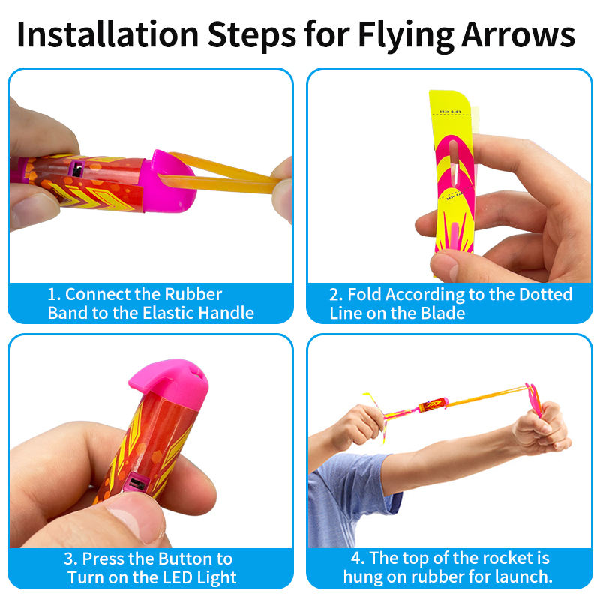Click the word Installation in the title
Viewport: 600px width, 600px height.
click(108, 34)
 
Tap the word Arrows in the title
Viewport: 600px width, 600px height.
click(518, 34)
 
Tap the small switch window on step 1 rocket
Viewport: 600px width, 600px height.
click(76, 168)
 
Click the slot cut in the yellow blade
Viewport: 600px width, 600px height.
click(454, 162)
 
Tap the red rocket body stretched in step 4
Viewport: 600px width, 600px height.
click(433, 404)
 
